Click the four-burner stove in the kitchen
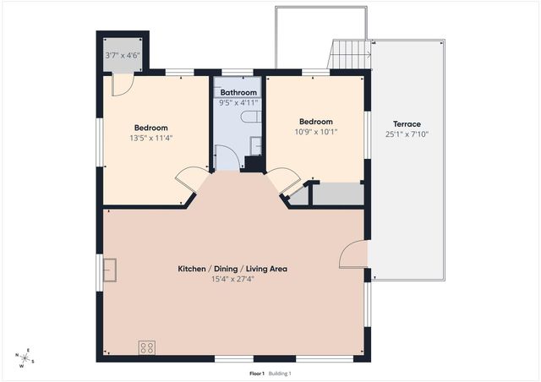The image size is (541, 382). click(x=146, y=347)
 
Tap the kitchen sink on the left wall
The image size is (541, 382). click(x=111, y=270)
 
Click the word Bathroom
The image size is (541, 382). click(x=238, y=92)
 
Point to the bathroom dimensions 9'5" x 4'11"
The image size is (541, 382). click(x=238, y=102)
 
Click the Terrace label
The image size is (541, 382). click(x=408, y=124)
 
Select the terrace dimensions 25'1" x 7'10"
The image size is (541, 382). click(x=408, y=134)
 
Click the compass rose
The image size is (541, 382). click(x=25, y=358)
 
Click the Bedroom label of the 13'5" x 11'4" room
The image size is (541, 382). click(x=151, y=128)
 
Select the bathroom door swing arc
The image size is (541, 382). click(x=227, y=157)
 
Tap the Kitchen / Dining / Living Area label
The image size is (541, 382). click(x=232, y=269)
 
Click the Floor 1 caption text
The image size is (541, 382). click(x=257, y=373)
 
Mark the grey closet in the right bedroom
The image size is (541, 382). click(x=336, y=194)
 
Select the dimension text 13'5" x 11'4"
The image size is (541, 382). click(x=151, y=138)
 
